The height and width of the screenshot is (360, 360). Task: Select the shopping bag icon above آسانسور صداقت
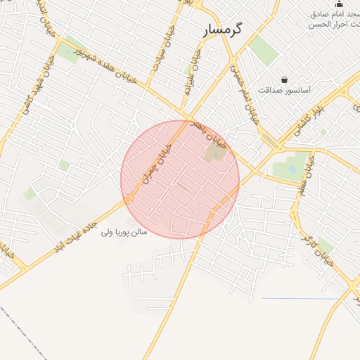point(284,80)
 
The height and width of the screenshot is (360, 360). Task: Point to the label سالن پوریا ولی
point(124,231)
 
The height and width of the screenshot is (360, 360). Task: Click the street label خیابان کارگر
point(321,247)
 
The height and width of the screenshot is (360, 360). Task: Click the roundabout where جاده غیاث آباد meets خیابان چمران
point(129,200)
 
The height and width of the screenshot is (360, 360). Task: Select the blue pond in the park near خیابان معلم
point(290,169)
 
